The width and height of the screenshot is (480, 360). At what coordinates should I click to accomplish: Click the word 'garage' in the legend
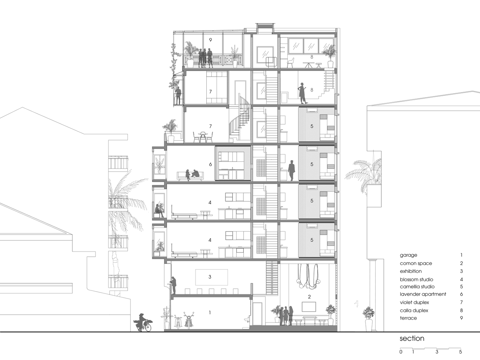408,255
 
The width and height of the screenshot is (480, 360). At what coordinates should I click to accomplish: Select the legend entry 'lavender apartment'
423,294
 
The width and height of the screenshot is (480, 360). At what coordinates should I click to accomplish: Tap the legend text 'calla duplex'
414,310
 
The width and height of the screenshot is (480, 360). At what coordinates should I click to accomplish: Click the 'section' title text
412,338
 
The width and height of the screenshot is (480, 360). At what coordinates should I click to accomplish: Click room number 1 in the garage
210,313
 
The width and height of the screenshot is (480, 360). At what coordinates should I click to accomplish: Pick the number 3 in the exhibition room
210,277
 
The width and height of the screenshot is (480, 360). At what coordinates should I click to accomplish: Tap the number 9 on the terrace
210,40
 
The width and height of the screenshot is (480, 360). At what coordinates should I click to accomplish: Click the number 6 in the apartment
210,164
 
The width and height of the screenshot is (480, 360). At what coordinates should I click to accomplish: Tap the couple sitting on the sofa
192,174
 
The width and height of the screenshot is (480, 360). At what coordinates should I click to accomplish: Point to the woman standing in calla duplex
302,93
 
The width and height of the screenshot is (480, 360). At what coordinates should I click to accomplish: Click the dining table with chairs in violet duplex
203,137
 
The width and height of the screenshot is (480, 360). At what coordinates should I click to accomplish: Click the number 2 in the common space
309,297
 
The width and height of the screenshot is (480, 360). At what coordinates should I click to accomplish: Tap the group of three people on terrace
206,58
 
